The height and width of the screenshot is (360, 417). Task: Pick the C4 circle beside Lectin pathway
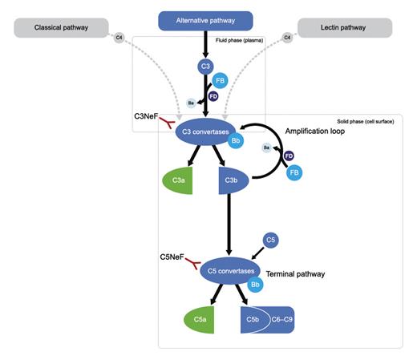287,36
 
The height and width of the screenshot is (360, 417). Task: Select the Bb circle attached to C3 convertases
235,140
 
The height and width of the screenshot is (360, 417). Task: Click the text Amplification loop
314,131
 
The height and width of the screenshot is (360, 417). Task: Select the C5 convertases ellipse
229,271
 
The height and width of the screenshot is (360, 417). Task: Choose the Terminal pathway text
294,273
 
